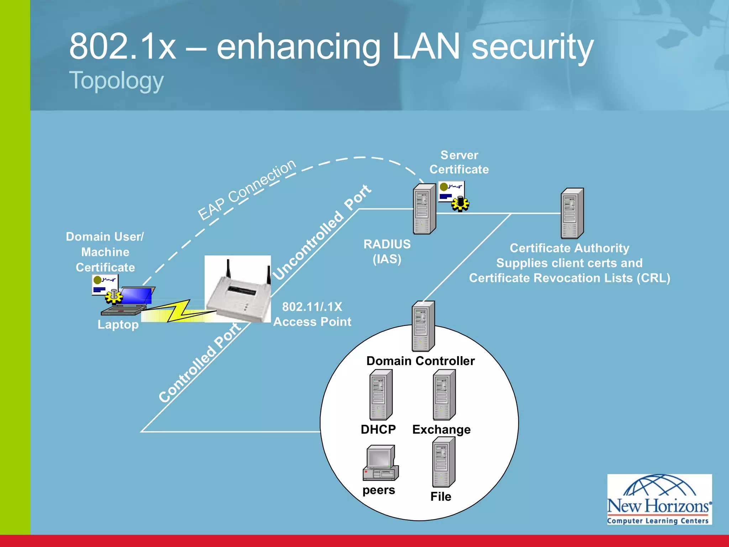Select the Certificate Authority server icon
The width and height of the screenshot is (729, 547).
pyautogui.click(x=572, y=213)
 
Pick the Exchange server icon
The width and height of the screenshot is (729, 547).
pyautogui.click(x=444, y=395)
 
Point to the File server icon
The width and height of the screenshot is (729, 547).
pyautogui.click(x=443, y=462)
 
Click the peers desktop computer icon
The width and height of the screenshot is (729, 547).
pyautogui.click(x=380, y=463)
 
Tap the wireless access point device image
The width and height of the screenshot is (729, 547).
pyautogui.click(x=238, y=289)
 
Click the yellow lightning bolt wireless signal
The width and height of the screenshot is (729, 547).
pyautogui.click(x=178, y=311)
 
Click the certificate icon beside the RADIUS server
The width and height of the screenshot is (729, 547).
pyautogui.click(x=453, y=195)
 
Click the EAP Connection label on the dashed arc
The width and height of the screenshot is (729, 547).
pyautogui.click(x=247, y=190)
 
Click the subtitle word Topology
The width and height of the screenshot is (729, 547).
pyautogui.click(x=116, y=80)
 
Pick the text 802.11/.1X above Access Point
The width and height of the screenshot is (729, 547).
pyautogui.click(x=312, y=307)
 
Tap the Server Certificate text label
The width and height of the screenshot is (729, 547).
pyautogui.click(x=459, y=162)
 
